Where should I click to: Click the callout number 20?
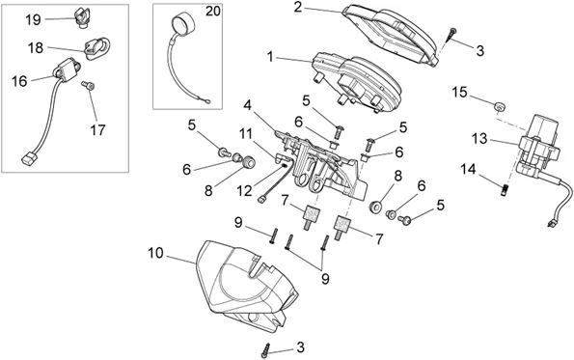click(x=212, y=12)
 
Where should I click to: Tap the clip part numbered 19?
click(x=80, y=18)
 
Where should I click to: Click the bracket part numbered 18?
click(x=97, y=47)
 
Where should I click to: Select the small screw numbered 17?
click(x=88, y=85)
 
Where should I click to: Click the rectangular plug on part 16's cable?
click(x=28, y=159)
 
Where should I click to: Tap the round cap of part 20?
click(x=182, y=23)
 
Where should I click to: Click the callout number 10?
click(x=155, y=253)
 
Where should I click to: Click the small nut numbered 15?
click(x=499, y=106)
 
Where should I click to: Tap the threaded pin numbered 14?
click(x=505, y=190)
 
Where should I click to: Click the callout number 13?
click(x=479, y=139)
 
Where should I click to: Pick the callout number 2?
click(x=298, y=7)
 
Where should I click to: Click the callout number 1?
click(x=270, y=57)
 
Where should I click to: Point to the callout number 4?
click(x=248, y=106)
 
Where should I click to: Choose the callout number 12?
click(x=244, y=190)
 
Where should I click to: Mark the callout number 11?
click(x=246, y=134)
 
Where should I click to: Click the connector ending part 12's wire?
click(x=261, y=200)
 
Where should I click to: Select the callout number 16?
click(x=19, y=81)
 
